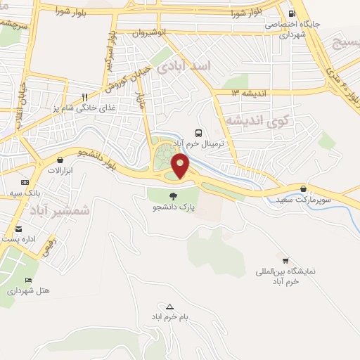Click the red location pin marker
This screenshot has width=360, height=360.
[x=181, y=166]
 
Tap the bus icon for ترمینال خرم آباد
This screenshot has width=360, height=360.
[x=198, y=132]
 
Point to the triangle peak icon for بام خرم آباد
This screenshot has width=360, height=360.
[x=169, y=307]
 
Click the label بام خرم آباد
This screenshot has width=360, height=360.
[x=170, y=318]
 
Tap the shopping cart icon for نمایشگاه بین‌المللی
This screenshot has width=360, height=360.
[x=285, y=260]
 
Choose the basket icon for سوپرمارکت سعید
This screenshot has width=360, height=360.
[x=303, y=188]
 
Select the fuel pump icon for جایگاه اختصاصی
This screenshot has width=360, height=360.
[x=291, y=13]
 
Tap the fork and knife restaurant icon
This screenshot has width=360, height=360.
[x=84, y=98]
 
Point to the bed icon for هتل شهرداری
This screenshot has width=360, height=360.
[x=28, y=279]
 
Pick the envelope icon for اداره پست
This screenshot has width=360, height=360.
[x=18, y=229]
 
